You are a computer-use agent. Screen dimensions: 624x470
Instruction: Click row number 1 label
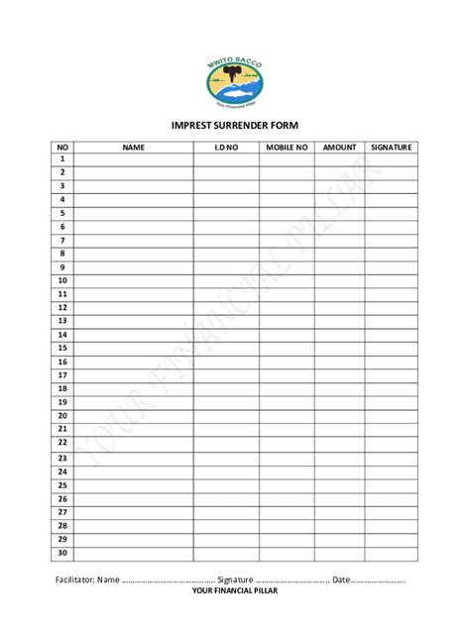click(x=61, y=158)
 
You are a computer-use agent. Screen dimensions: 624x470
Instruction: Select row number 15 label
click(x=61, y=349)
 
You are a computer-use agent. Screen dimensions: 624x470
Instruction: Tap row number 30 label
click(x=61, y=553)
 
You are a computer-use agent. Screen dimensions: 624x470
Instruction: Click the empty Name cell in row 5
click(x=134, y=213)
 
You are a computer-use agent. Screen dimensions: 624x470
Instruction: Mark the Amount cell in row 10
click(x=339, y=280)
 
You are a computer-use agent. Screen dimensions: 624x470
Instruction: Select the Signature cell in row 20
click(x=392, y=416)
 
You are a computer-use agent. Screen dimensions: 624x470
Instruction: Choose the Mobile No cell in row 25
click(x=287, y=485)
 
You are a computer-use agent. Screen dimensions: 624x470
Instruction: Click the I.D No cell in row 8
click(x=226, y=254)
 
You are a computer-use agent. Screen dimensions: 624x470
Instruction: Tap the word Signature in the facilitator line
click(x=236, y=578)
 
